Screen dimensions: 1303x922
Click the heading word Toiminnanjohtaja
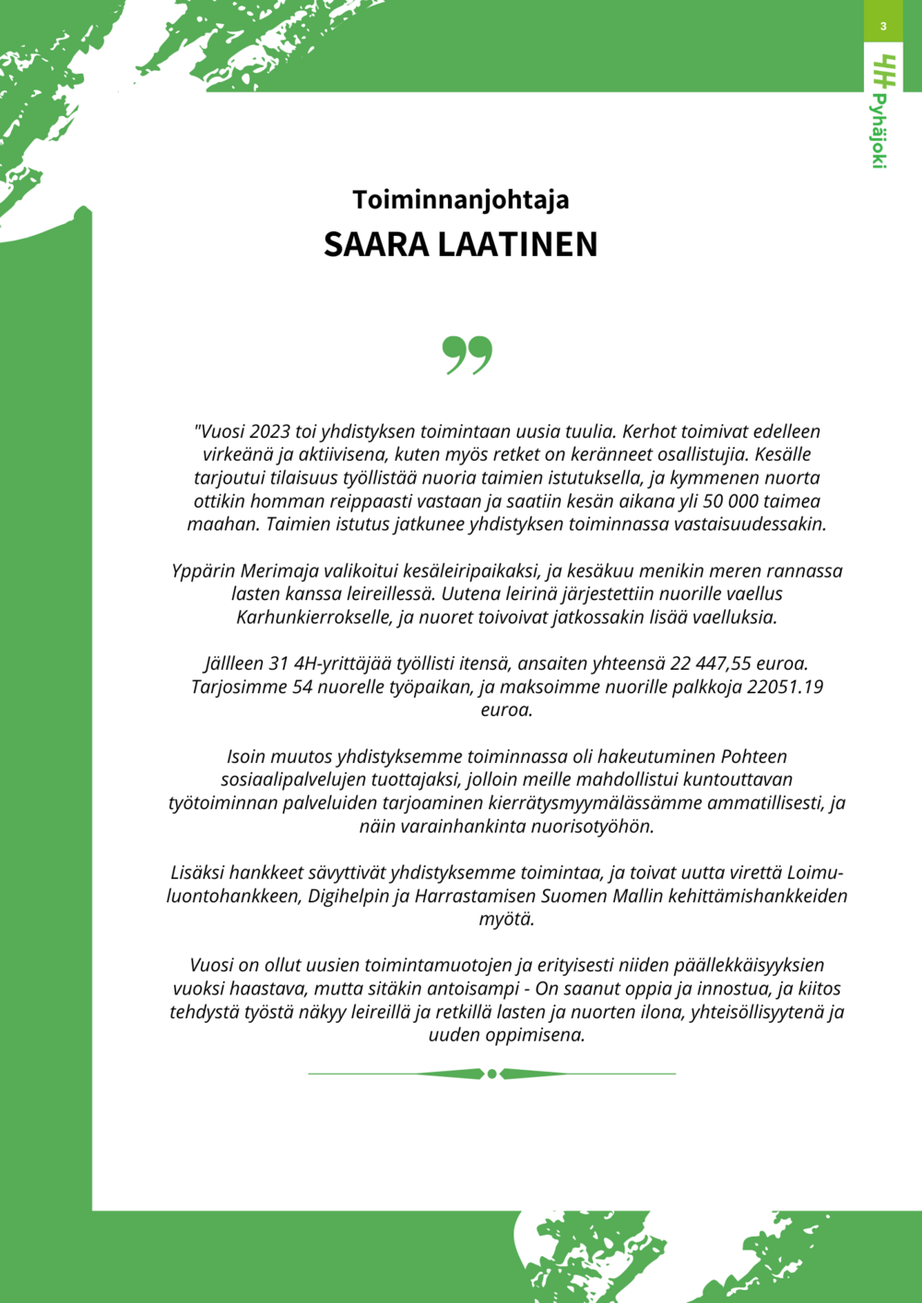pos(460,200)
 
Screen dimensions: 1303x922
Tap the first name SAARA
pos(376,245)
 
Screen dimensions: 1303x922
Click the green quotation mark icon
pos(467,355)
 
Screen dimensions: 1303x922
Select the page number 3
pos(883,26)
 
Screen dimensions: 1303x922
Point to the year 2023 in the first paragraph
pos(269,431)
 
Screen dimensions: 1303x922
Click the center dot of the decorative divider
pos(492,1074)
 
